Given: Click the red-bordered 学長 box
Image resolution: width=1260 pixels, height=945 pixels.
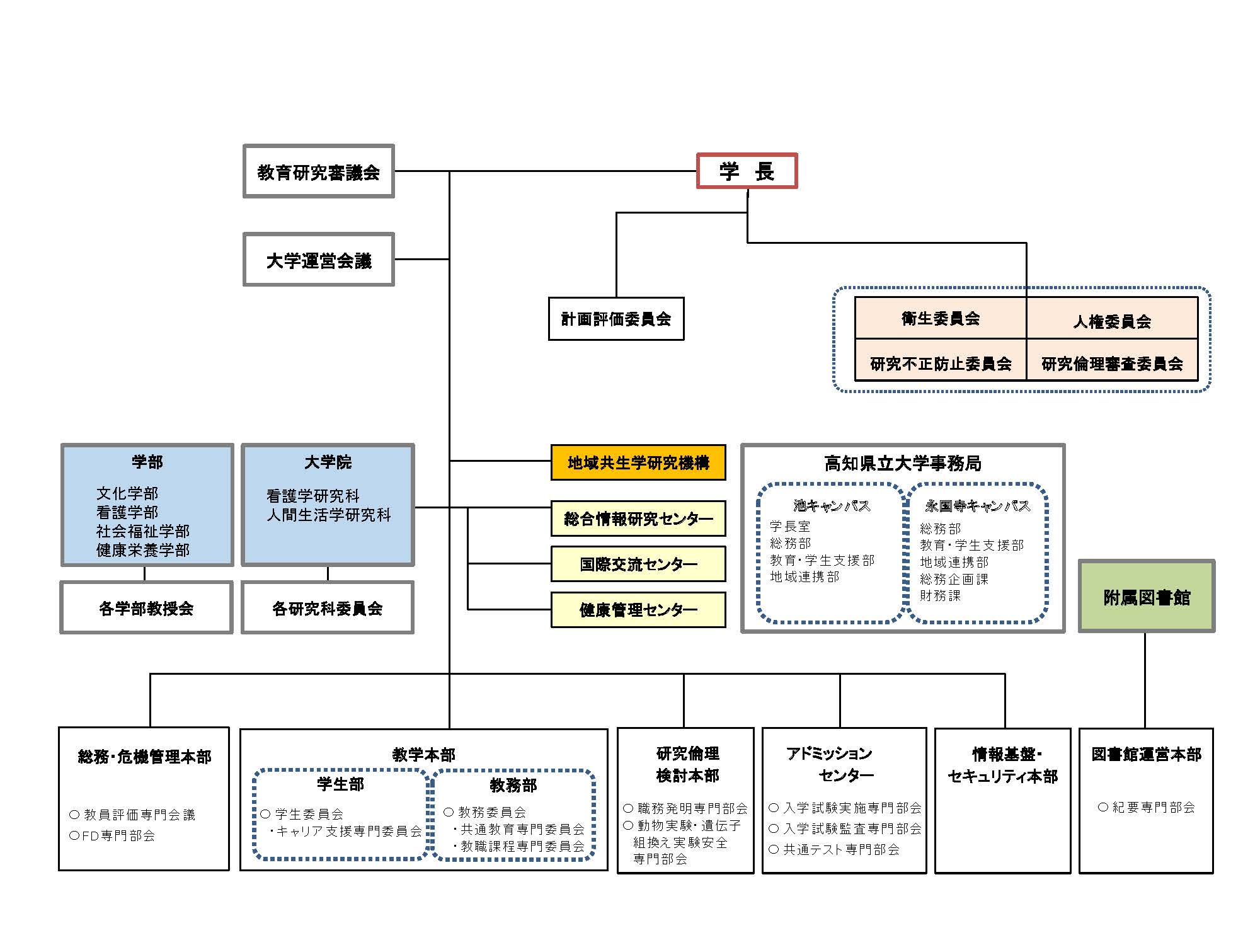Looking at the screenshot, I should coord(747,171).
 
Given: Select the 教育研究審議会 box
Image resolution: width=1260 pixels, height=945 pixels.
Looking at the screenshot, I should coord(319,171).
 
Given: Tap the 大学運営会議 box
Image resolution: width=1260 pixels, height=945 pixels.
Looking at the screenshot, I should coord(319,260).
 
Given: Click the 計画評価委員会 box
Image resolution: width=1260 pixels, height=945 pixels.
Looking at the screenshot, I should coord(616,319).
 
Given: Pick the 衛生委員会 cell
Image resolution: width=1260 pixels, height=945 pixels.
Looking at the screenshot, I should coord(941,319).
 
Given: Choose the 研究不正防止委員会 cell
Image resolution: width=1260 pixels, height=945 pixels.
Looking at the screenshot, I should coord(941,364).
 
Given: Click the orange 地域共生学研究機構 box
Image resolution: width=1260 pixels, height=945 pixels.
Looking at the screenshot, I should coord(638,463).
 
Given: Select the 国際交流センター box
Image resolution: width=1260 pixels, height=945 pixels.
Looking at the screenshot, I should coord(638,564).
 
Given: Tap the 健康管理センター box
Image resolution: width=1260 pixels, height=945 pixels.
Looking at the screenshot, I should coord(638,610).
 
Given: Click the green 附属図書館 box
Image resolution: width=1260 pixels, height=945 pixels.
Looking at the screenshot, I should coord(1147,597).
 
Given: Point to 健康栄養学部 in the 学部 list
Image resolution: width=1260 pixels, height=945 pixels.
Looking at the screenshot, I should coord(143,550).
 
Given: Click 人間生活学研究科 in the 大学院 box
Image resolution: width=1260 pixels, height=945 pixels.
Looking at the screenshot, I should coord(328,515).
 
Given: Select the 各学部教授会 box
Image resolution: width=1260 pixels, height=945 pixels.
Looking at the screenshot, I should coord(146,608).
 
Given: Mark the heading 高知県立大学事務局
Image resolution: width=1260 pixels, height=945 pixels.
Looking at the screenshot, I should coord(903,464).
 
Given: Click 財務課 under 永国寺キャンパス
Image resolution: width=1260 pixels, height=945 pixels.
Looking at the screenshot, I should coord(940,595).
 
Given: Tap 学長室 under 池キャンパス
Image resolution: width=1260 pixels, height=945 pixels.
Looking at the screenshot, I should coord(790,526).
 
